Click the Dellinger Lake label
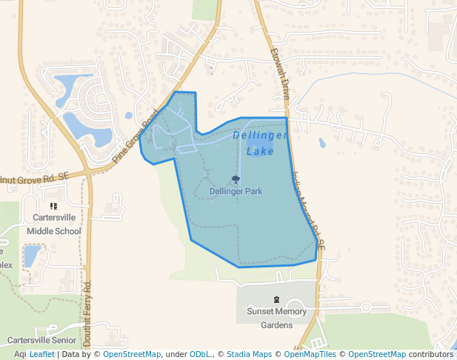tap(260, 143)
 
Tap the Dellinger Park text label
tap(236, 191)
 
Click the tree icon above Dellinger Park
tap(236, 179)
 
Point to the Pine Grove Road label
tap(136, 136)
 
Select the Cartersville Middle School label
tap(53, 224)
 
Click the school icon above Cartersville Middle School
tap(53, 206)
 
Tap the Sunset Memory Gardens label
tap(276, 318)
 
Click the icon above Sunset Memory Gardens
tap(276, 300)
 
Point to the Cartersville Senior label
tap(44, 340)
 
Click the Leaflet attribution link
tap(41, 354)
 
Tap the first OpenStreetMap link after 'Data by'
tap(132, 354)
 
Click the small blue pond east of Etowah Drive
tap(321, 143)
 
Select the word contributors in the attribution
tap(431, 354)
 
